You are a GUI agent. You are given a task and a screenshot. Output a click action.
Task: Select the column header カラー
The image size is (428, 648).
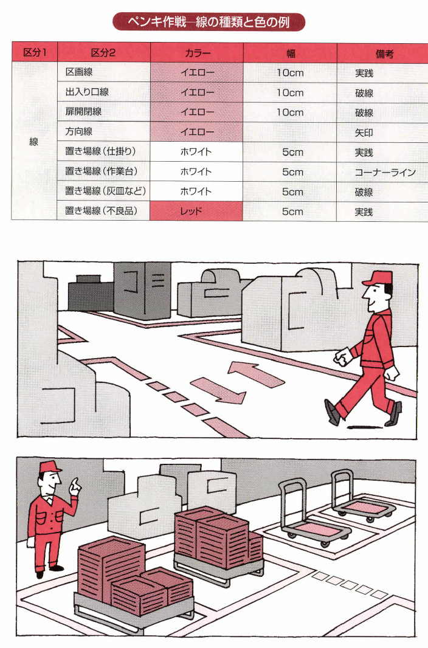point(197,53)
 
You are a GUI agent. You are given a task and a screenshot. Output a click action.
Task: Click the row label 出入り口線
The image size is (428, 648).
point(87,93)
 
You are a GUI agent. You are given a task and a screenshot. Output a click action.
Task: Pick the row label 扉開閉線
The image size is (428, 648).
point(83,112)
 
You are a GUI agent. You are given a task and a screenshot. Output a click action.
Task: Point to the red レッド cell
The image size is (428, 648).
point(197,212)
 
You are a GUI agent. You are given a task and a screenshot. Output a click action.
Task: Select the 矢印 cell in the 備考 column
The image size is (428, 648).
point(364,132)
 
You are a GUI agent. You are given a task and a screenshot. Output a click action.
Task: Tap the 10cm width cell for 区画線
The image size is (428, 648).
point(289,73)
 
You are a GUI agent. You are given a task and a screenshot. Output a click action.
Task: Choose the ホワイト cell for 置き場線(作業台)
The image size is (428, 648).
point(197,172)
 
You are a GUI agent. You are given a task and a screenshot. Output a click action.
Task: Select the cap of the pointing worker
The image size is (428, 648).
point(50,467)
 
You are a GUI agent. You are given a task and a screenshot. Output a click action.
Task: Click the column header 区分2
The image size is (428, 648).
point(103,53)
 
